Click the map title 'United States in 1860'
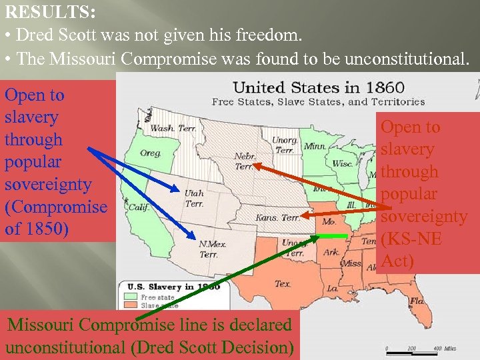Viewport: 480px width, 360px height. pos(318,87)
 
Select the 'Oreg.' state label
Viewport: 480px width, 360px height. pos(150,153)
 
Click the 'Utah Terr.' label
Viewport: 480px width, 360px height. pos(194,198)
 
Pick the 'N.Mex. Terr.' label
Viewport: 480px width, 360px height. pos(213,249)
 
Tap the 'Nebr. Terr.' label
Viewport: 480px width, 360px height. pos(244,161)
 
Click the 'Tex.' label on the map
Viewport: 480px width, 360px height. pos(283,283)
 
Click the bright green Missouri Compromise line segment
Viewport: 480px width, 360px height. pos(331,236)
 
